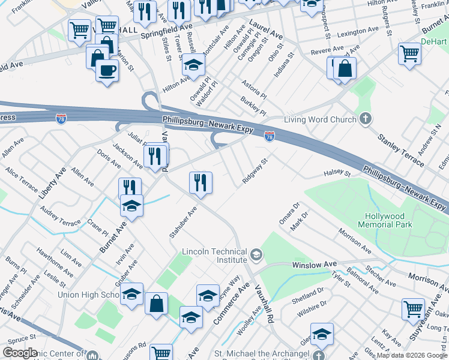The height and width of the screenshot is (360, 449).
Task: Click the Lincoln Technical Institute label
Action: coord(214,256)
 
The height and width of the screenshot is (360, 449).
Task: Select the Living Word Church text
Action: coord(320,119)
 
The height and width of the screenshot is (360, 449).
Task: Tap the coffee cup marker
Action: coord(107,70)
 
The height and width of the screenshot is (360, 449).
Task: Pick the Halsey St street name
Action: coord(337,174)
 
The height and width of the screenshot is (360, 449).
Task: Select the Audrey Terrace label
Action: coord(60,217)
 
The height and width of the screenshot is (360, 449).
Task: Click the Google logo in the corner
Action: coord(20,353)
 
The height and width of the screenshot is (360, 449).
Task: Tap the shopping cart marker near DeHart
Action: coord(410,53)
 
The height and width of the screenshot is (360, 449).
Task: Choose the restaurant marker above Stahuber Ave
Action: coord(200,181)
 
